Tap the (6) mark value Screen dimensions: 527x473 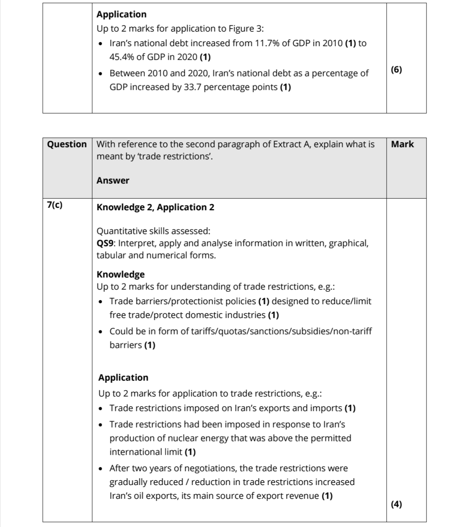coord(397,69)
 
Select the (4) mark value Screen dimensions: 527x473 coord(397,504)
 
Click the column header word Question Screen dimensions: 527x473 coord(67,144)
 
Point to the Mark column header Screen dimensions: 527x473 coord(402,144)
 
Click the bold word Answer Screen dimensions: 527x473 coord(113,180)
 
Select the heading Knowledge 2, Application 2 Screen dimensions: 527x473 coord(155,207)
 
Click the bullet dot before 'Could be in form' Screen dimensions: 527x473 coord(101,332)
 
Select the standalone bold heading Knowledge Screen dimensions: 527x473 coord(120,274)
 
